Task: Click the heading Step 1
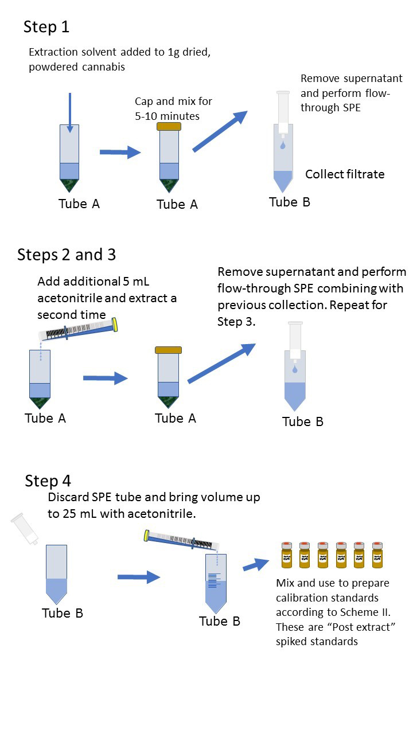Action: click(x=46, y=27)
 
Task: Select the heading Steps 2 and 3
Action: click(x=67, y=255)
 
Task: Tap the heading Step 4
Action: click(x=48, y=481)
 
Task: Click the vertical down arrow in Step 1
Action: click(x=69, y=112)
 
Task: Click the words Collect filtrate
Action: click(x=345, y=174)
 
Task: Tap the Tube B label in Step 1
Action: click(x=290, y=202)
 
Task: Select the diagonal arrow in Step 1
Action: click(x=220, y=131)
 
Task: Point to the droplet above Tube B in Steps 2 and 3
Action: click(x=294, y=370)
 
